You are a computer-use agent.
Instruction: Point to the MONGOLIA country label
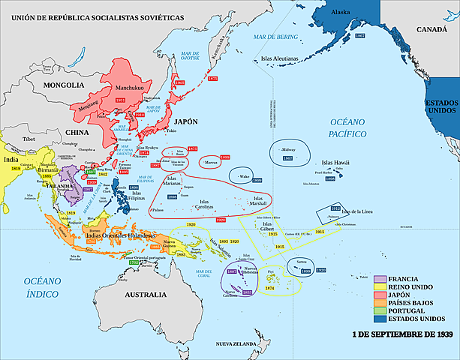click(x=62, y=85)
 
